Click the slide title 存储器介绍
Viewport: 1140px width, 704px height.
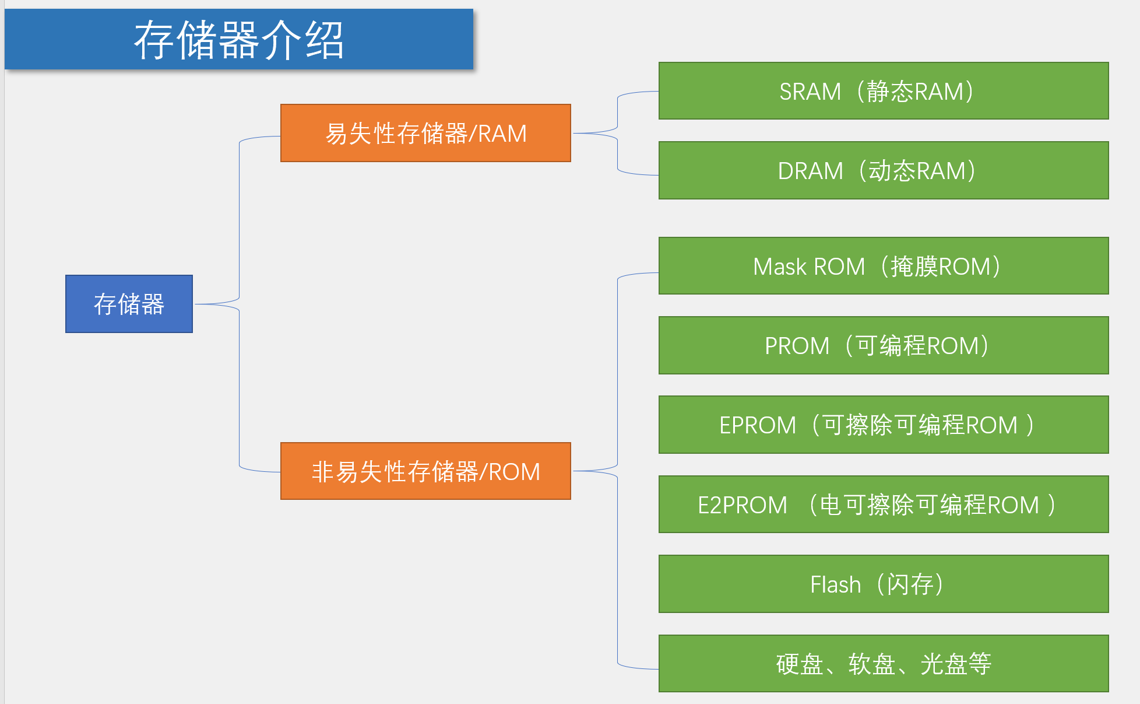pyautogui.click(x=239, y=40)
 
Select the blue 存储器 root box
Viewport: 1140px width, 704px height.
pyautogui.click(x=129, y=304)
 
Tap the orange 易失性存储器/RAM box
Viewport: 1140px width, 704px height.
pyautogui.click(x=425, y=133)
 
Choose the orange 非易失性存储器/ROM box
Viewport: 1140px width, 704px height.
pyautogui.click(x=425, y=471)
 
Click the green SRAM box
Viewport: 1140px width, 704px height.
pyautogui.click(x=883, y=91)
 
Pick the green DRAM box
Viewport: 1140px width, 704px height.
pyautogui.click(x=883, y=170)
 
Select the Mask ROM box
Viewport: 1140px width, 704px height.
pyautogui.click(x=883, y=266)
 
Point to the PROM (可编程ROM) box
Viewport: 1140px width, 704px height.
pyautogui.click(x=883, y=345)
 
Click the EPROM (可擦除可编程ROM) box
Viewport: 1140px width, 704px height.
pyautogui.click(x=883, y=425)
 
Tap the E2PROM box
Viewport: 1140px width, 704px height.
pyautogui.click(x=883, y=504)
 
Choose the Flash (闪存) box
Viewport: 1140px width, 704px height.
pyautogui.click(x=883, y=584)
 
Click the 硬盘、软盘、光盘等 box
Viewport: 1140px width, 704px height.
pyautogui.click(x=883, y=663)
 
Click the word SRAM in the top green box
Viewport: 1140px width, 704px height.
pyautogui.click(x=810, y=92)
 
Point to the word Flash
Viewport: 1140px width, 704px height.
pyautogui.click(x=835, y=584)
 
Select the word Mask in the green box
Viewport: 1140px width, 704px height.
pyautogui.click(x=779, y=267)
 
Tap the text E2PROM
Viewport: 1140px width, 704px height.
pyautogui.click(x=742, y=505)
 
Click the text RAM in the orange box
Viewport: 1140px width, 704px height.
pyautogui.click(x=502, y=134)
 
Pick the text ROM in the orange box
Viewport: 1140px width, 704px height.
pyautogui.click(x=514, y=471)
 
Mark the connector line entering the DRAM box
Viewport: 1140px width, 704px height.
pyautogui.click(x=635, y=174)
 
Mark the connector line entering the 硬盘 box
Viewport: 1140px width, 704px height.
pyautogui.click(x=635, y=667)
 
